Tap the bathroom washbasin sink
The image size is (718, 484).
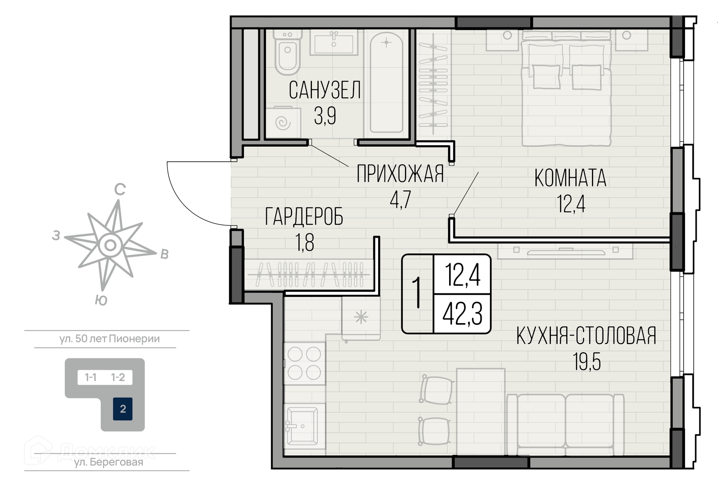334,43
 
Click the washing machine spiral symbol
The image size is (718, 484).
283,123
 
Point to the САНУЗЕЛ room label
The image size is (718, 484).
325,90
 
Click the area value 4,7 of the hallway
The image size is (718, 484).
400,200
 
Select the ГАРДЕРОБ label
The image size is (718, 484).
304,217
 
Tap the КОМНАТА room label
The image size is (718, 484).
570,178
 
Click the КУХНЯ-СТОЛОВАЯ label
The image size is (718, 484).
586,335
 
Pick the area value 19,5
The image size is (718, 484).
586,362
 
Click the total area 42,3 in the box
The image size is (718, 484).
462,314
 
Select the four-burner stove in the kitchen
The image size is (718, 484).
304,363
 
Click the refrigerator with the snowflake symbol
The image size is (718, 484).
361,318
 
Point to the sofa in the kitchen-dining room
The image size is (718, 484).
565,424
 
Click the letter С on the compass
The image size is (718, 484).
120,190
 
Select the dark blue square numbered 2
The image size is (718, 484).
123,409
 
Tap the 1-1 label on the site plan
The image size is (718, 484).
90,377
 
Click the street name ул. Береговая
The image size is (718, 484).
108,462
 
